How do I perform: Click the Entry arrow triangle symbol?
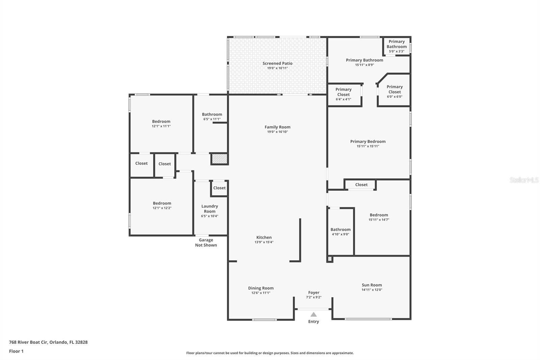coord(314,314)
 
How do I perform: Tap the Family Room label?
coord(277,127)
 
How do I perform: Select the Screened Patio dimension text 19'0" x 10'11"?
coord(277,68)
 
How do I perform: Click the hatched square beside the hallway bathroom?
coord(219,159)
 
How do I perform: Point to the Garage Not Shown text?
coord(206,242)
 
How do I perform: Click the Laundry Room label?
coord(210,209)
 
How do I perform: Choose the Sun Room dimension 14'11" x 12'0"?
coord(372,290)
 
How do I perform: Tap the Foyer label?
coord(314,292)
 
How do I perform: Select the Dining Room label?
coord(261,288)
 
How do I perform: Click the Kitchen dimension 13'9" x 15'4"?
coord(264,242)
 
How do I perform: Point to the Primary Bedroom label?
coord(368,142)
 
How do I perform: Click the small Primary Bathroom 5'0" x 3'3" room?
coord(397,46)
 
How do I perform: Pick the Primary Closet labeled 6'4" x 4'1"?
coord(344,94)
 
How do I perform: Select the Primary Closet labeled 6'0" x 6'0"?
coord(395,92)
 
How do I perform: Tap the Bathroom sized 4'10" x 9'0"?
coord(341,231)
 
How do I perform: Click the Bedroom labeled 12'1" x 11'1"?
coord(161,124)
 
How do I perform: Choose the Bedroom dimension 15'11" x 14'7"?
coord(379,220)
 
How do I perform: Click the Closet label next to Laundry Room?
coord(219,188)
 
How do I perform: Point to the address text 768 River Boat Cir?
coord(48,342)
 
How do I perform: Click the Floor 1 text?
coord(16,351)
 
